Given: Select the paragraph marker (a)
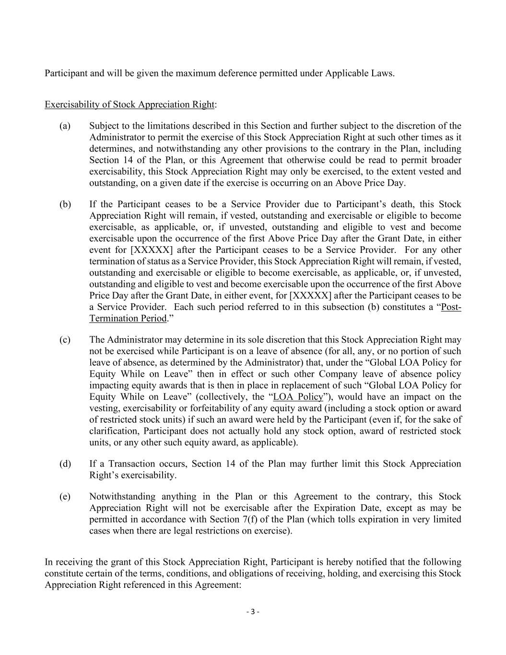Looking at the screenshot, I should tap(65, 126).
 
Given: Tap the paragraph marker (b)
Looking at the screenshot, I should tap(65, 204).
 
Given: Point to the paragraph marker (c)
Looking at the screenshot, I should tap(65, 340).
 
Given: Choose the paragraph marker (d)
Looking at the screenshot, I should tap(65, 464).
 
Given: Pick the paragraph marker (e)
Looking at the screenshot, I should tap(65, 497).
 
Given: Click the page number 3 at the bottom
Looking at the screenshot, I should tap(253, 612).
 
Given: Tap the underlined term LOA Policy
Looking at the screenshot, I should tap(298, 397).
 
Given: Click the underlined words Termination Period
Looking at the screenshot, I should tap(128, 318).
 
